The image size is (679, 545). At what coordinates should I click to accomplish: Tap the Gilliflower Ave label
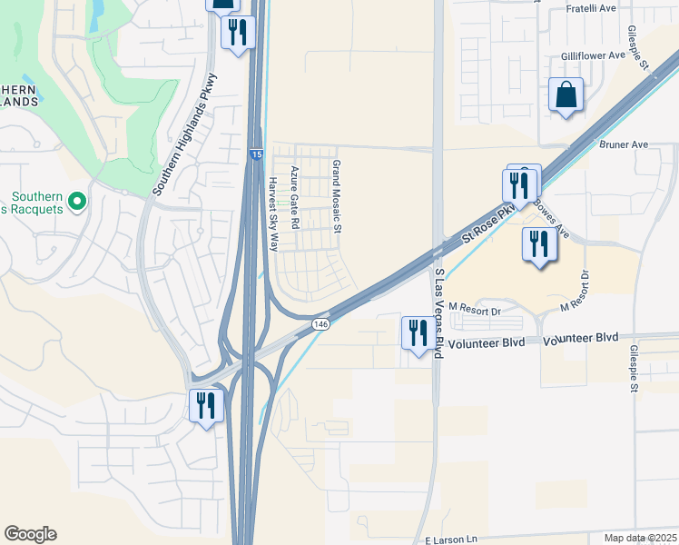(593, 54)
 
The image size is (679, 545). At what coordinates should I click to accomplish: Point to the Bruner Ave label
(624, 144)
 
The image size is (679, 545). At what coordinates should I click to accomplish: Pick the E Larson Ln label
(451, 540)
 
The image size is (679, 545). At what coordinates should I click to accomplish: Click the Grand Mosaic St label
(336, 197)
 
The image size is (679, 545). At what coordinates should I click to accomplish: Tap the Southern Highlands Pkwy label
(186, 134)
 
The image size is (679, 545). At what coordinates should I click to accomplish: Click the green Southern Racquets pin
(78, 200)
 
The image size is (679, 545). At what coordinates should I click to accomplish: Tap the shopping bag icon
(566, 94)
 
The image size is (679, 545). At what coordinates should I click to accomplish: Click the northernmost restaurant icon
(237, 33)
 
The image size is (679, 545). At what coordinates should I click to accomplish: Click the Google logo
(31, 534)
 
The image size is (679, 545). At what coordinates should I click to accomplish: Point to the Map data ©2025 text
(640, 538)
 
